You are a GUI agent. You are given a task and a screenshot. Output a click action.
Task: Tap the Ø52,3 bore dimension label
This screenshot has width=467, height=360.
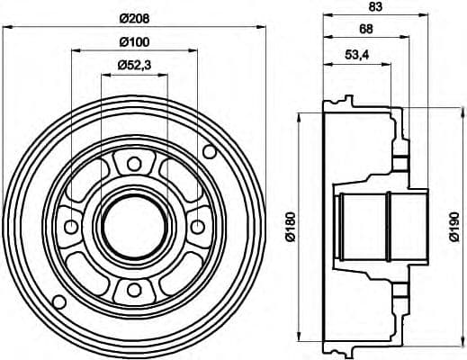134,64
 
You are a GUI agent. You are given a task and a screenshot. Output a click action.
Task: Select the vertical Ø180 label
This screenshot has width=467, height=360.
289,226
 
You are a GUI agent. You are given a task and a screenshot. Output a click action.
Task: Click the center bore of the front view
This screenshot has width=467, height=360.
133,226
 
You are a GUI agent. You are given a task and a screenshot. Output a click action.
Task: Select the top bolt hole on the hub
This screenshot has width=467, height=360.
133,164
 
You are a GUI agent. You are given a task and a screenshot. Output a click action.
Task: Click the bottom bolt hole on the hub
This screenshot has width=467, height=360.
133,288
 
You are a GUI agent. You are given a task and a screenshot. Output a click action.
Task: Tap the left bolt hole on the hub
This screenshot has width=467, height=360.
71,226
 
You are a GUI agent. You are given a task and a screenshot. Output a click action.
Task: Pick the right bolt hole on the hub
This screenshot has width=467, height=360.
196,226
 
